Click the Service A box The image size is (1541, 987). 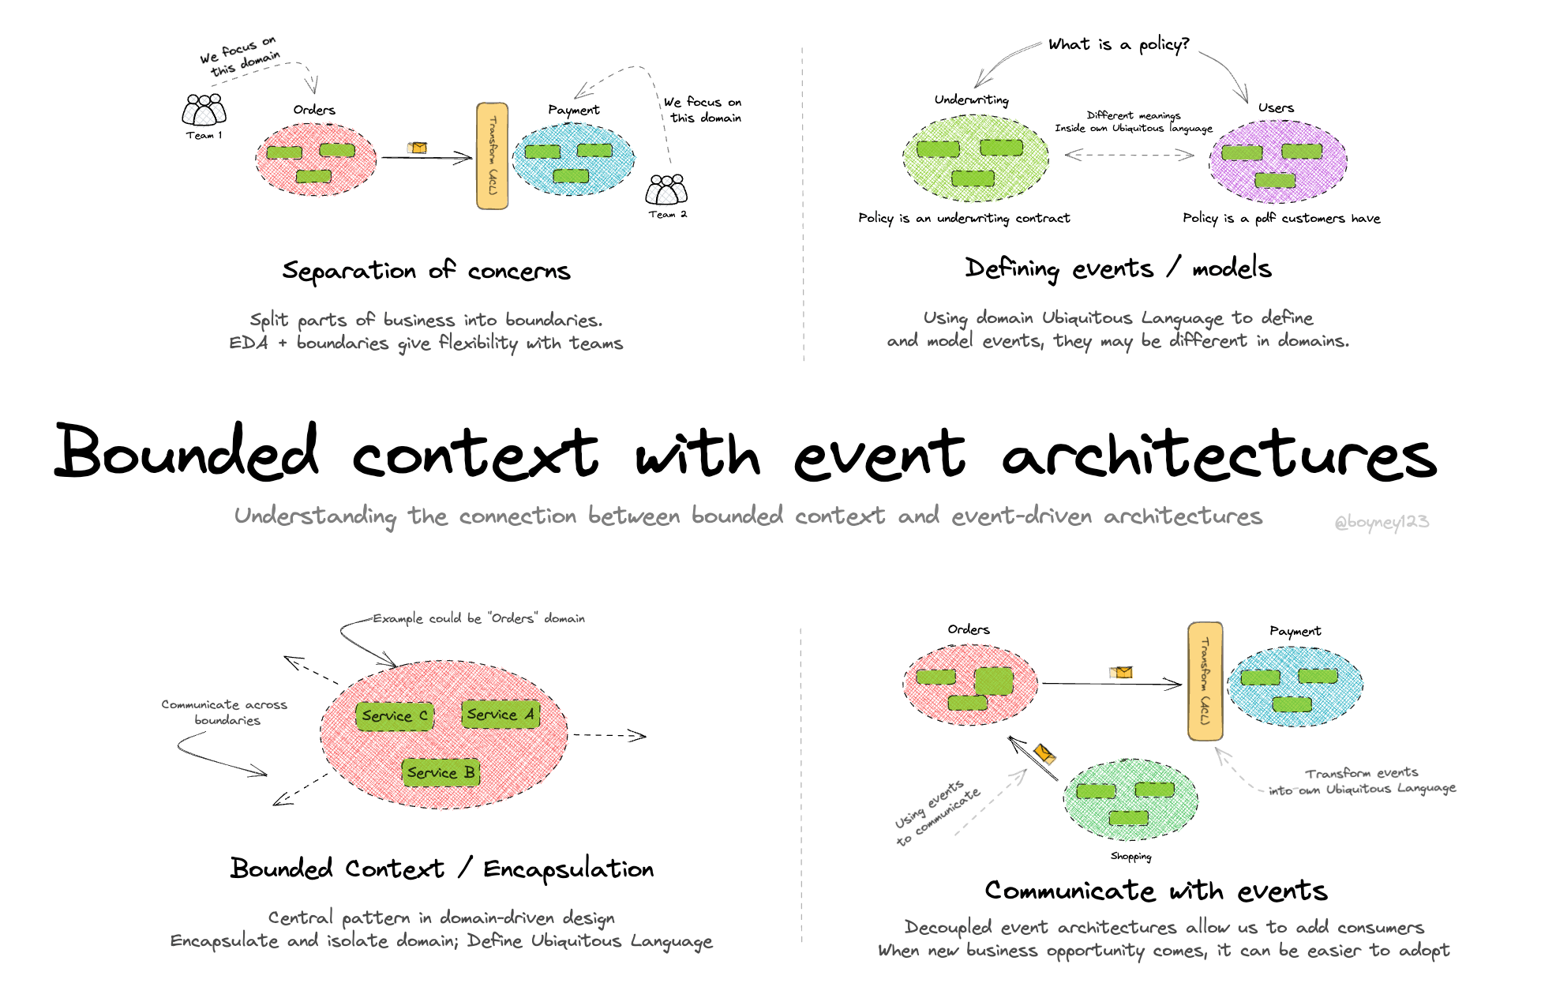(x=501, y=715)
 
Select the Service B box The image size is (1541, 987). (x=441, y=772)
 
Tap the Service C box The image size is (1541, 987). (x=394, y=716)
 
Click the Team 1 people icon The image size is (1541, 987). (x=204, y=110)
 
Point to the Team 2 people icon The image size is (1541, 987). (x=666, y=190)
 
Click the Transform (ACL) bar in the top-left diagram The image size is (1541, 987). (x=492, y=156)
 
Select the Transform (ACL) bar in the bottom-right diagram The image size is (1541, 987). (x=1205, y=681)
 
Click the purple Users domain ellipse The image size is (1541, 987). (x=1278, y=162)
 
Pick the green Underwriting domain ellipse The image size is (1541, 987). (x=976, y=158)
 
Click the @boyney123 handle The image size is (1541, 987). (x=1381, y=522)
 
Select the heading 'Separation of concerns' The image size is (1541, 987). (x=426, y=271)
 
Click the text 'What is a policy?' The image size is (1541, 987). (x=1118, y=44)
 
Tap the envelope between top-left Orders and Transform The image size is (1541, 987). (x=417, y=148)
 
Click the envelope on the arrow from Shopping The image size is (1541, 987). (x=1044, y=753)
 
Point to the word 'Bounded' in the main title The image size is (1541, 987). (x=187, y=453)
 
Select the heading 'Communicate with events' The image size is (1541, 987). (x=1156, y=891)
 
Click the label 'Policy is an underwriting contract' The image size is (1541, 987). (x=964, y=218)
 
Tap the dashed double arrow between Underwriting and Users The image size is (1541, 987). (x=1129, y=155)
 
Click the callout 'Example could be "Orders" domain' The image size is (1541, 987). (x=478, y=618)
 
